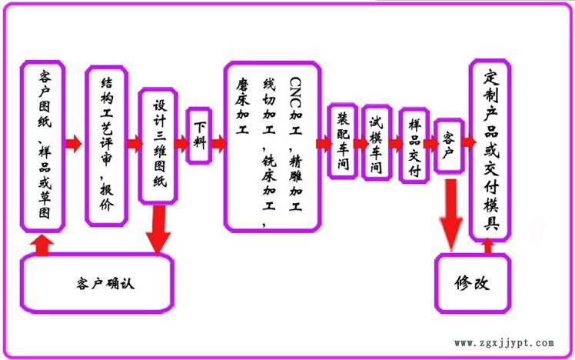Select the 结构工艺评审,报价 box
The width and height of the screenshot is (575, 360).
click(x=106, y=145)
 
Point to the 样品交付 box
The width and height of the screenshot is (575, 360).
click(x=414, y=145)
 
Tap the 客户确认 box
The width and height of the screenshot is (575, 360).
click(x=96, y=282)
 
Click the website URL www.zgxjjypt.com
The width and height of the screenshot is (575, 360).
click(x=504, y=343)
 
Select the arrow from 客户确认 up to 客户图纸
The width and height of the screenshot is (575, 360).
click(x=41, y=245)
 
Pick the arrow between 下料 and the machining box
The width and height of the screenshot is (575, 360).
click(x=218, y=143)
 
